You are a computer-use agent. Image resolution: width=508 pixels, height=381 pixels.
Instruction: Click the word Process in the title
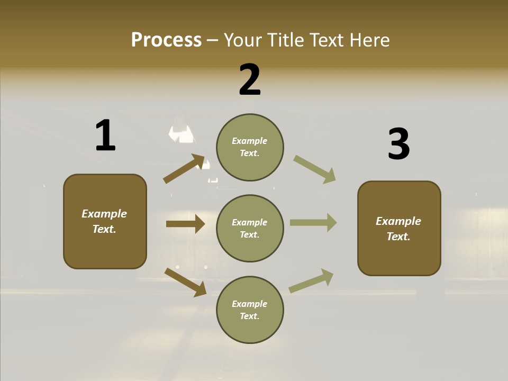(x=166, y=40)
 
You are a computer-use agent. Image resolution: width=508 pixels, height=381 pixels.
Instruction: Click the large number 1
(x=105, y=135)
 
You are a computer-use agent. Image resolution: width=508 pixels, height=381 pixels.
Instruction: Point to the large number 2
(x=250, y=80)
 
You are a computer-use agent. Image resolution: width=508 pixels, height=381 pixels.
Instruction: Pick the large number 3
(x=398, y=144)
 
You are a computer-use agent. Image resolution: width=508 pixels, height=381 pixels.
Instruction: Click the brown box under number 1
(x=105, y=221)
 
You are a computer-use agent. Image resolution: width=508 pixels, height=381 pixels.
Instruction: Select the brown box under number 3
(x=399, y=228)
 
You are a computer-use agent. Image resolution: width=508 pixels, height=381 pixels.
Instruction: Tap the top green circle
(x=250, y=147)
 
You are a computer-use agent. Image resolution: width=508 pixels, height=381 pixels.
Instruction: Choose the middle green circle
(x=250, y=228)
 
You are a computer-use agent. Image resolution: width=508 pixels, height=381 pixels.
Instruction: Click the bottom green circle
(x=250, y=310)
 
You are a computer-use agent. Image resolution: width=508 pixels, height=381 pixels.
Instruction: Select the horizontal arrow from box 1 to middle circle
(x=185, y=224)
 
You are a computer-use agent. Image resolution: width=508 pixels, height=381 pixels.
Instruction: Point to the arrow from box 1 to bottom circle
(x=185, y=282)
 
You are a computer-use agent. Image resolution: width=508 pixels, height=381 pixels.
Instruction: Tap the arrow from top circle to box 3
(x=315, y=169)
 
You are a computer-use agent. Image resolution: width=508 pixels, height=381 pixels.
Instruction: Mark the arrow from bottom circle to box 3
(x=311, y=281)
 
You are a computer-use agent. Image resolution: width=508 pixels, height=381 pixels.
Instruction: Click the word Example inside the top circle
(x=250, y=141)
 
